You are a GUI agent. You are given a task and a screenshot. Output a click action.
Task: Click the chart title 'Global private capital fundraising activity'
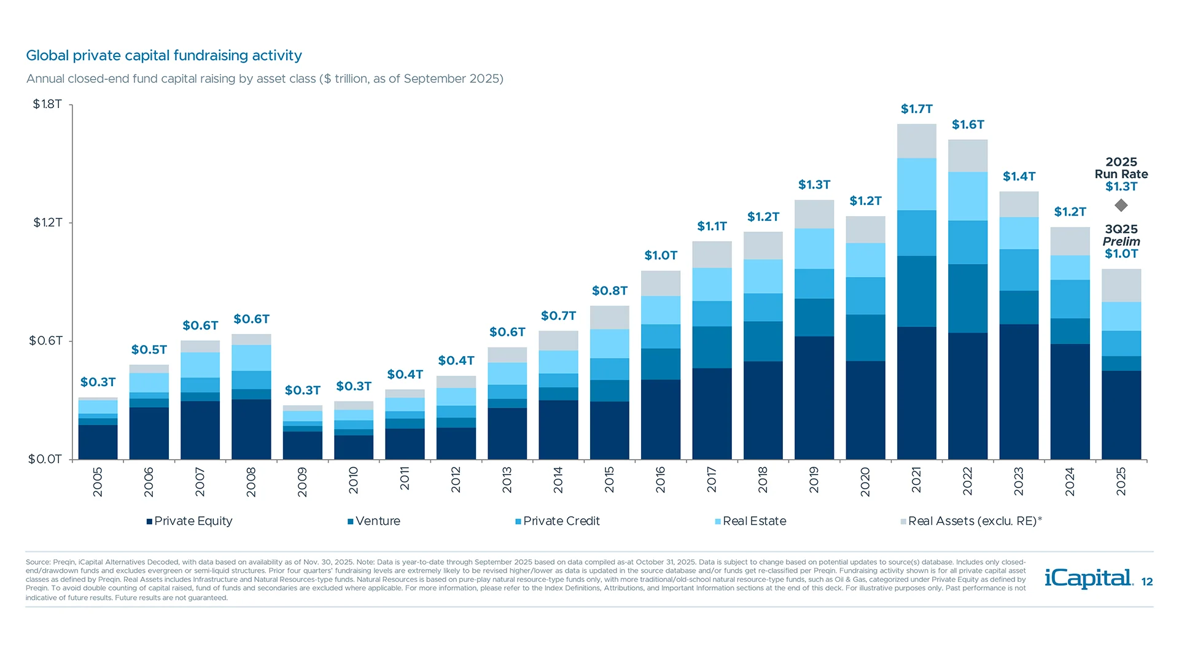(164, 55)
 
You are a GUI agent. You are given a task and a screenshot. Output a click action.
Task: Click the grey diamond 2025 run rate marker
(1121, 205)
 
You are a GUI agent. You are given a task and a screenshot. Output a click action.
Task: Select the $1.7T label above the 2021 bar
(916, 109)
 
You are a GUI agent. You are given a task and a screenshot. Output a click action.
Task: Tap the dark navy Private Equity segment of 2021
(916, 393)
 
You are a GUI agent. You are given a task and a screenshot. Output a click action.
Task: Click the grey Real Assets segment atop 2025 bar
(1121, 285)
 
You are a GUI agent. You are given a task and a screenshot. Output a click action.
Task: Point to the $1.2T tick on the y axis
(47, 222)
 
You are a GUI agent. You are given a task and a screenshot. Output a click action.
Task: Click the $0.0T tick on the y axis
(45, 459)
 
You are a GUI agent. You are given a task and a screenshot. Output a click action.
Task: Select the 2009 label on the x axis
(302, 482)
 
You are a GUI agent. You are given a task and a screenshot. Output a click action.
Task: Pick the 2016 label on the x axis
(661, 479)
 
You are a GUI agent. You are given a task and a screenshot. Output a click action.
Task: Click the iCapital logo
(1088, 578)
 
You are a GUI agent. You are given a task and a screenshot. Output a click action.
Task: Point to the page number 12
(1147, 582)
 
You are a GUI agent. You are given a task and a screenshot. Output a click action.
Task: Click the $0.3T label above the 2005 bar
(98, 382)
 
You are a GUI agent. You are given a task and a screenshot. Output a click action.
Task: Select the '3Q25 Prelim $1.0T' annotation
(1121, 241)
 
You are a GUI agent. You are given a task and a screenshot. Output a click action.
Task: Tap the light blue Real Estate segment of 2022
(968, 196)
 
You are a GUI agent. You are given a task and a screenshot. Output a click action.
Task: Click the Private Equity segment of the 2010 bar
(354, 447)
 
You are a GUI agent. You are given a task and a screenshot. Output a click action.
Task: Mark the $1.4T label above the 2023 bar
(1019, 177)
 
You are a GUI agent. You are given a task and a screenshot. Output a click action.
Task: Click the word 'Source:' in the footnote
(37, 562)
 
